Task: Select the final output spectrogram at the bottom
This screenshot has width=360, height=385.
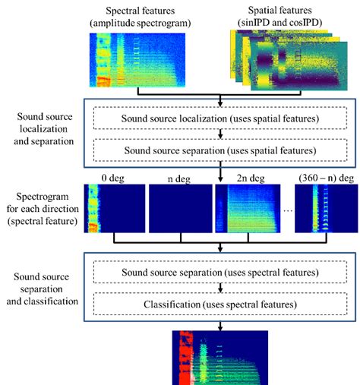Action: [x=220, y=357]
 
